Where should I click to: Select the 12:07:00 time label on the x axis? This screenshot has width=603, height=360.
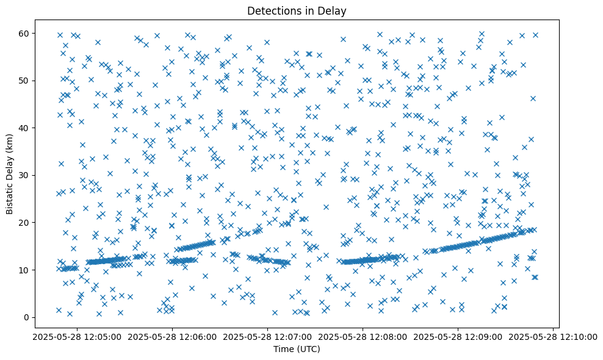coord(267,336)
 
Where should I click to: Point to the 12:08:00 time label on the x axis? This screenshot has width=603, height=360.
coord(363,336)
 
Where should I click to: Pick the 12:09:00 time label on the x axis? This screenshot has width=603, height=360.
coord(458,336)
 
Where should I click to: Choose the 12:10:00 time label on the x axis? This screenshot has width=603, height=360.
coord(554,336)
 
